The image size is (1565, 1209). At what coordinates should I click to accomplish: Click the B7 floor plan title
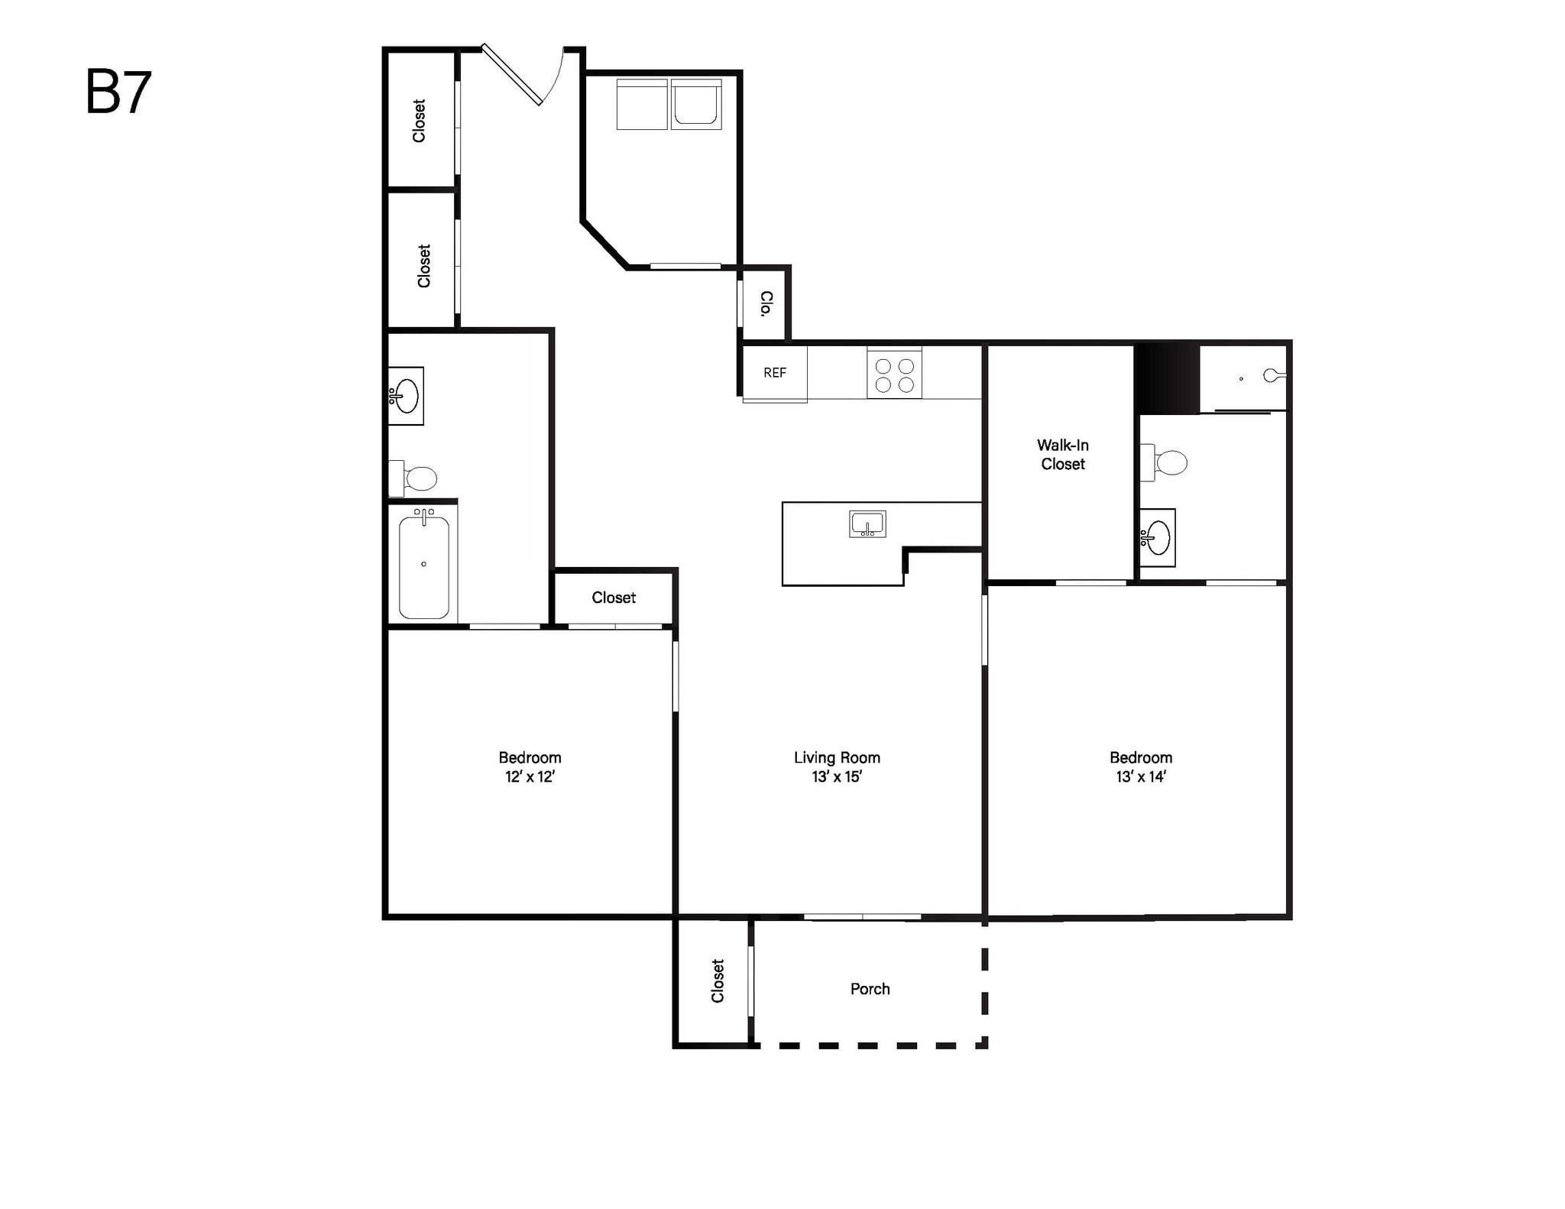118,92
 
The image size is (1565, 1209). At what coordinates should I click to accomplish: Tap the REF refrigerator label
774,373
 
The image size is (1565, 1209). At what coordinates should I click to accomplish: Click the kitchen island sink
867,524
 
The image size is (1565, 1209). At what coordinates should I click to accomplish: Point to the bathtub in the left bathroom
423,566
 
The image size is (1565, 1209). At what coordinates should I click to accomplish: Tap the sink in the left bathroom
405,396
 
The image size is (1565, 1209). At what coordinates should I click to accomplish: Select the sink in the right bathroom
1157,537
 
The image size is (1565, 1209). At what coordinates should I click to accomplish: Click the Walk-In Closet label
1062,455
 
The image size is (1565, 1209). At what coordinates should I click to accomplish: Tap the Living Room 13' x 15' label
837,767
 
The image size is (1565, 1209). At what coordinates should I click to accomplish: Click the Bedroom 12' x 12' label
530,767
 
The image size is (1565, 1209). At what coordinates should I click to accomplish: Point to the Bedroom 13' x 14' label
1140,767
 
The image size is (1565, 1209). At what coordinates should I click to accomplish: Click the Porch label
870,989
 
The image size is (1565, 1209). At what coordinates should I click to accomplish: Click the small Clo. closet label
765,303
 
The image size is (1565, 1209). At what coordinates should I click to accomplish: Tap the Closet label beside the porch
717,980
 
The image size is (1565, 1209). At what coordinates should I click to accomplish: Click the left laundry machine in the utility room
642,104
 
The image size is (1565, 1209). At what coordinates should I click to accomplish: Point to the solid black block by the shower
1167,378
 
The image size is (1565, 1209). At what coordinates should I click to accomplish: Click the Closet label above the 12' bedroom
613,598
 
